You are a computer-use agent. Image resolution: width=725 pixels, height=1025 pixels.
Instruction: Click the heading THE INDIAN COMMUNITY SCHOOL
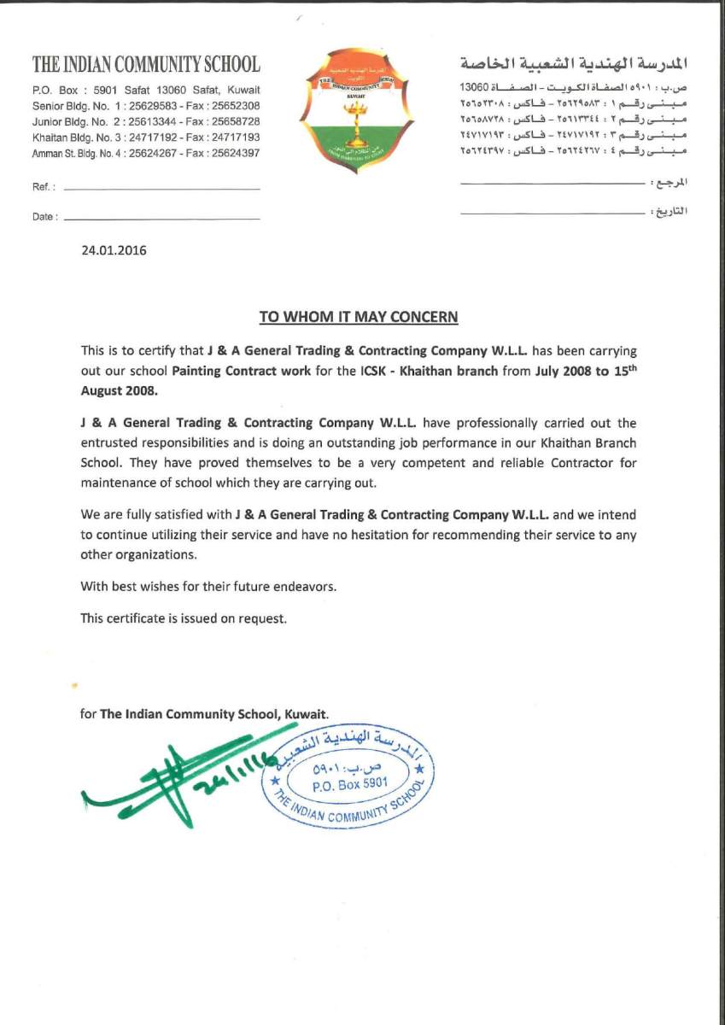[146, 64]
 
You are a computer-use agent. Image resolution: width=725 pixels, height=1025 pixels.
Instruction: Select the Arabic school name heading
[574, 64]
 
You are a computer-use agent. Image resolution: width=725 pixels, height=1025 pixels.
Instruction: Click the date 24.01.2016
[114, 251]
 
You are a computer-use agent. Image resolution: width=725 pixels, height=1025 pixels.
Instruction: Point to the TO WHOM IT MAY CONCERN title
[359, 317]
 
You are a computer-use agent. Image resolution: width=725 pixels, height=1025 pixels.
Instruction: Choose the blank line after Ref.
[161, 188]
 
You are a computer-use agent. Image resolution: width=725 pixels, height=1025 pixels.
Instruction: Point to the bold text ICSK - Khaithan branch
[427, 372]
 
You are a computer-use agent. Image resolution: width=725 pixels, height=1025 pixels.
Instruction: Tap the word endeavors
[305, 586]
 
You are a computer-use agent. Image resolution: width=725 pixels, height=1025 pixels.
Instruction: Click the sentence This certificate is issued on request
[184, 618]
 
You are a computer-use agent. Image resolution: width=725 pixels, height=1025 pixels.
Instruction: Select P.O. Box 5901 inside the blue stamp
[350, 782]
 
